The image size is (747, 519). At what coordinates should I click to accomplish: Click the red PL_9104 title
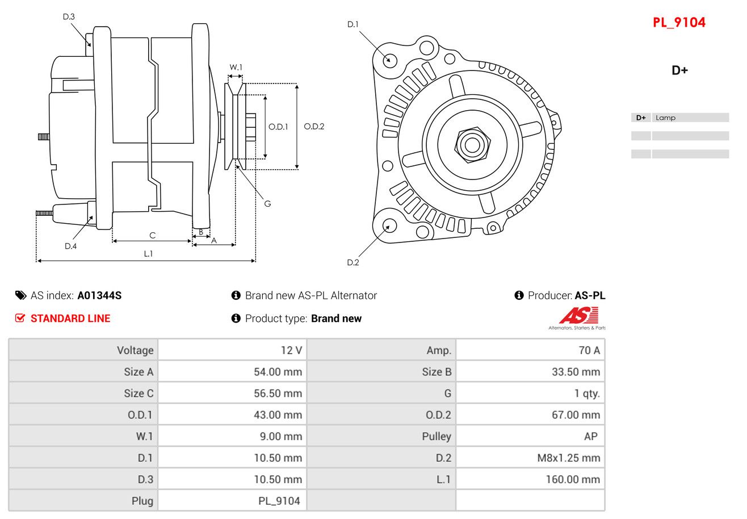[x=679, y=23]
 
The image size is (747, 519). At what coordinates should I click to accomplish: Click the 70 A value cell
[x=589, y=350]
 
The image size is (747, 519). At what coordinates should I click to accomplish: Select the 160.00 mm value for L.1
[x=572, y=479]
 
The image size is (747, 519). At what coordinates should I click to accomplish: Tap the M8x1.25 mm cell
[x=568, y=458]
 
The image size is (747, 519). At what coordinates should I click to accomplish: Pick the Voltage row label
[x=135, y=350]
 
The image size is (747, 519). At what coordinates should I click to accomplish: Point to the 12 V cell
[x=291, y=350]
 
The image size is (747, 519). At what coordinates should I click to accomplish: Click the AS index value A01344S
[x=99, y=295]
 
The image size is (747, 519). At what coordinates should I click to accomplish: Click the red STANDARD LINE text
[x=70, y=319]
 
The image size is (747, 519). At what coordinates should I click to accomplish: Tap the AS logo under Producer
[x=578, y=317]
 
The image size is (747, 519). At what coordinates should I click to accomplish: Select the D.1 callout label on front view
[x=353, y=24]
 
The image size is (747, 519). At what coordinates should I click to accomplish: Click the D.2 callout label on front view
[x=353, y=262]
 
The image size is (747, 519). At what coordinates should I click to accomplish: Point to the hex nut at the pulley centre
[x=471, y=144]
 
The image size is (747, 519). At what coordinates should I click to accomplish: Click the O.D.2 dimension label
[x=314, y=127]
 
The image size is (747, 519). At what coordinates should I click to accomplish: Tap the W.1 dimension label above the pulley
[x=236, y=67]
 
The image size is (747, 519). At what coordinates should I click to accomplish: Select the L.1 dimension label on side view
[x=148, y=254]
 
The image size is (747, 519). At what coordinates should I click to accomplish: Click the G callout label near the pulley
[x=267, y=203]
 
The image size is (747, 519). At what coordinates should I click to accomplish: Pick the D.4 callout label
[x=70, y=246]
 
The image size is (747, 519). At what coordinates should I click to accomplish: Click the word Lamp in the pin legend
[x=665, y=118]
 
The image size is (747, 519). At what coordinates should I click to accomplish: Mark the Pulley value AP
[x=590, y=436]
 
